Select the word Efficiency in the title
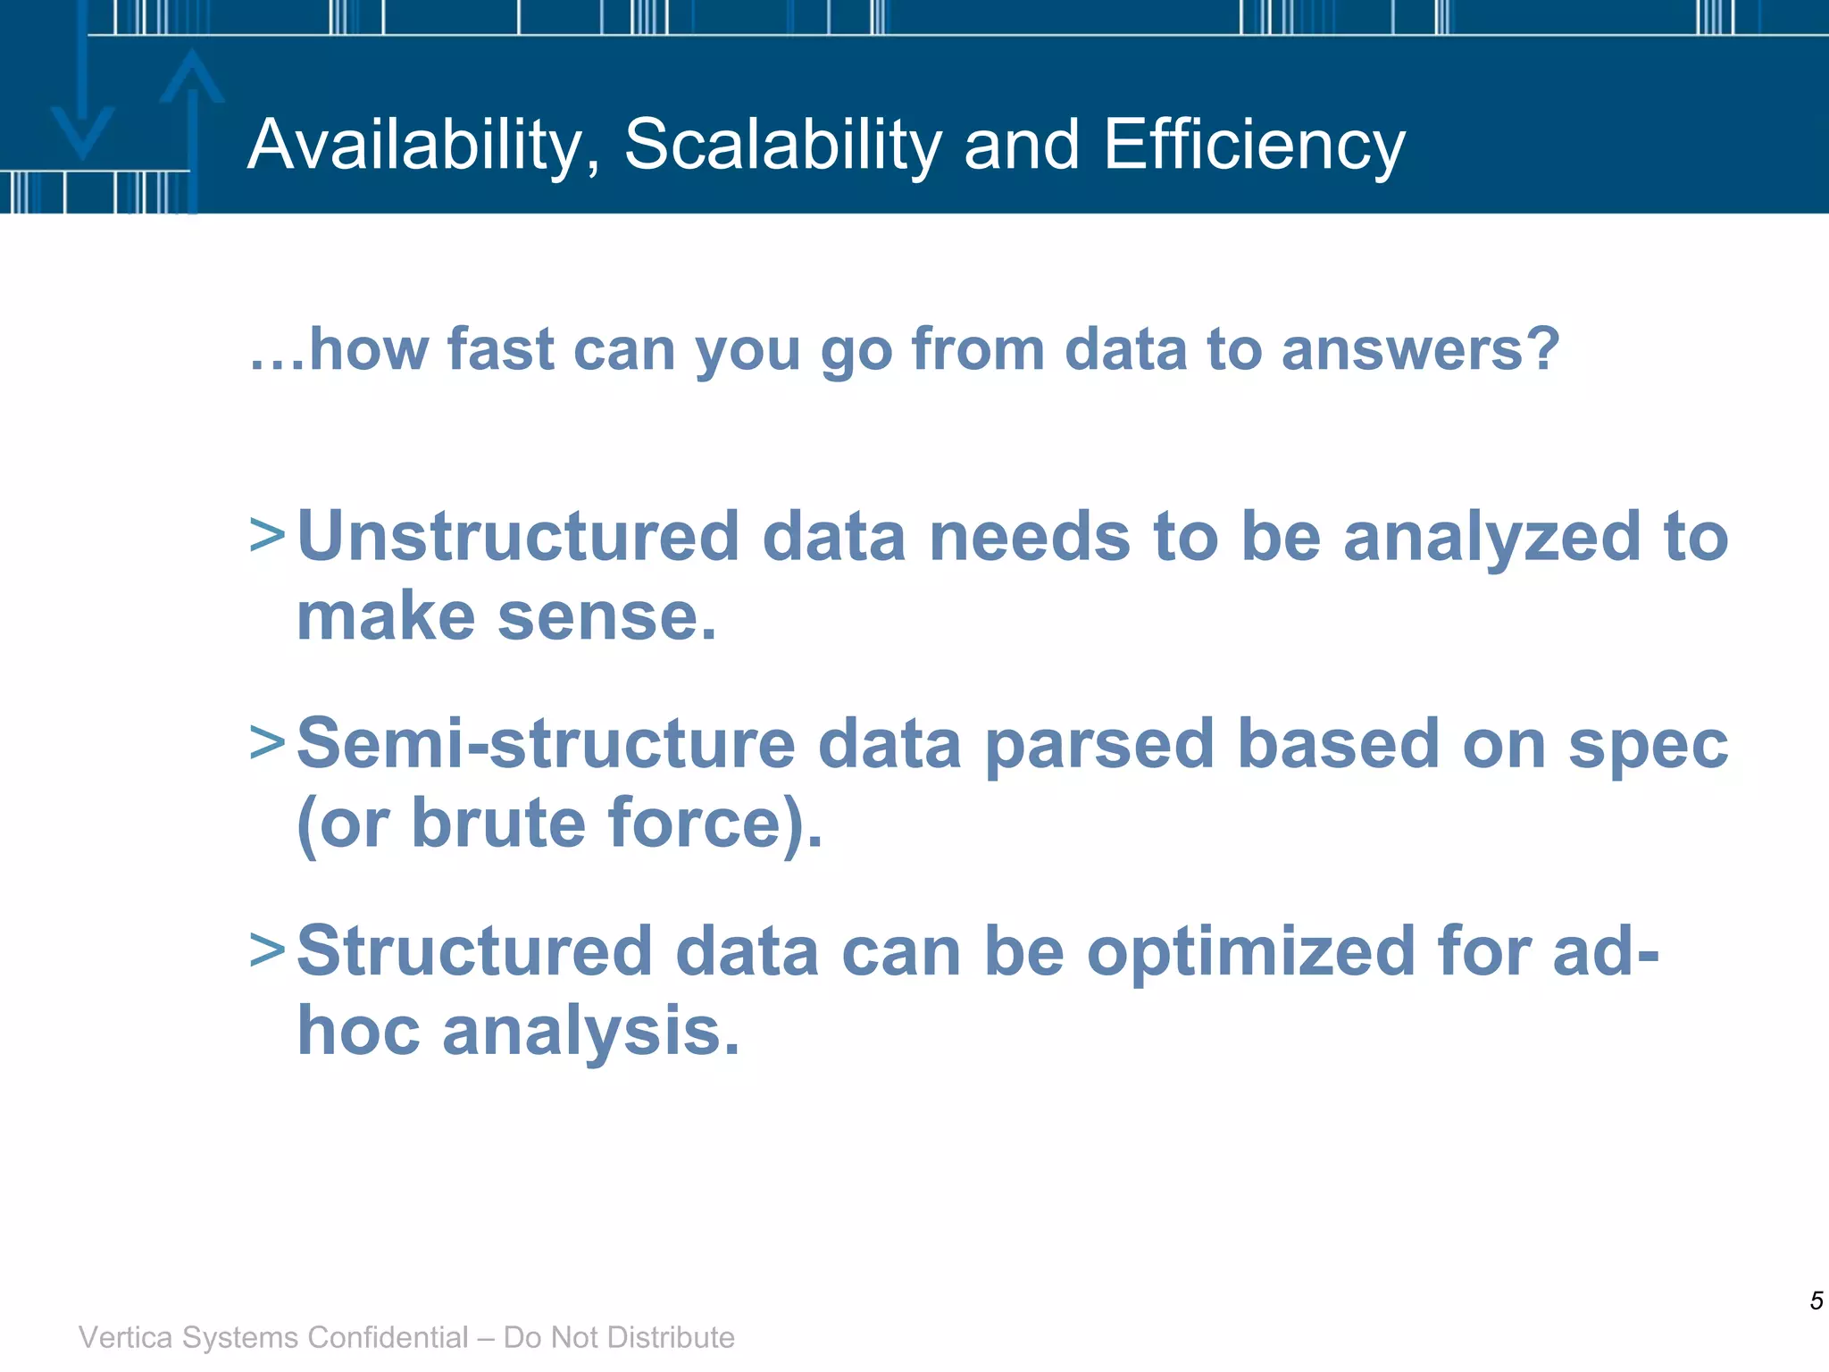click(x=1254, y=145)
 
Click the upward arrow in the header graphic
click(x=192, y=125)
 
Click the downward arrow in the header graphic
click(x=82, y=98)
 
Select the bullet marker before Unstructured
click(x=267, y=536)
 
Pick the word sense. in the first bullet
click(x=607, y=618)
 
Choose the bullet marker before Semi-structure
click(x=267, y=743)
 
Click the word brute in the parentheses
click(x=498, y=823)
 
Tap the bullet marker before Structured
click(x=267, y=950)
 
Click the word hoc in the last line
click(x=358, y=1031)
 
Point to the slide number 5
click(x=1816, y=1301)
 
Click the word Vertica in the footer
click(x=125, y=1337)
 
